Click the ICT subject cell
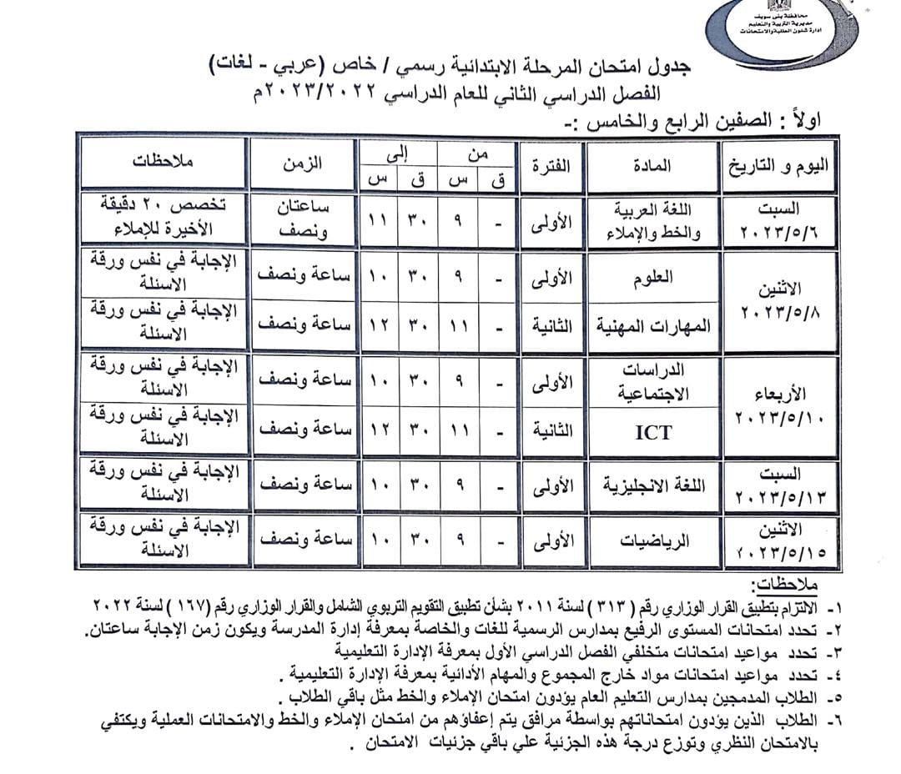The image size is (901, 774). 652,432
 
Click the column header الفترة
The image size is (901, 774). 551,164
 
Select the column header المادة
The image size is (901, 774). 652,164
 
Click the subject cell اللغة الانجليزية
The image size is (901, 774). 652,485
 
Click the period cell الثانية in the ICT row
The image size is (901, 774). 551,432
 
